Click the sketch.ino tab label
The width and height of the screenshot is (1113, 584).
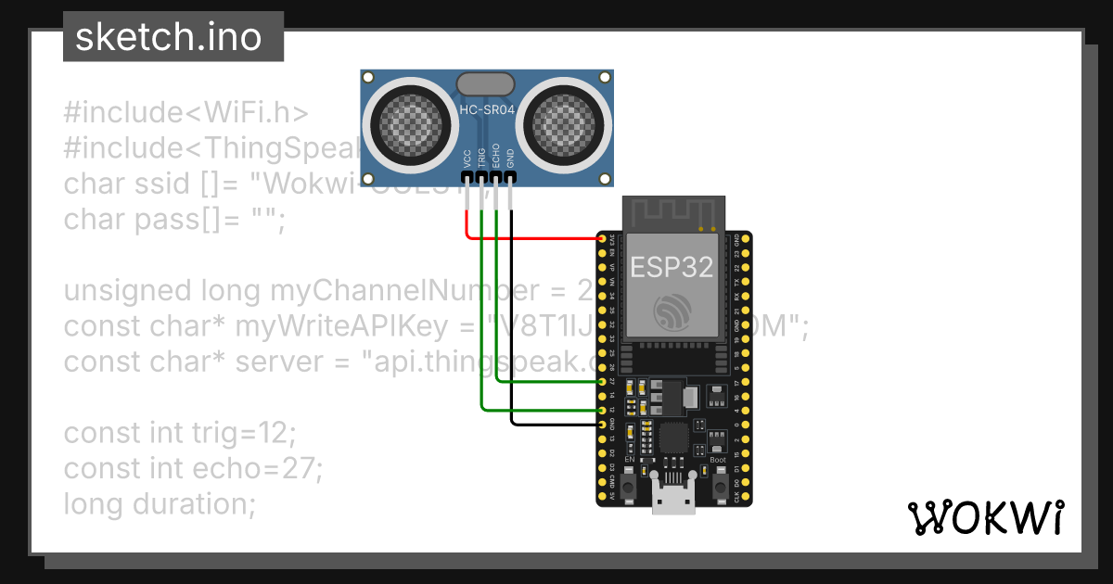click(x=168, y=37)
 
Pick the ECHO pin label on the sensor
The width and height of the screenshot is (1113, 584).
click(x=496, y=155)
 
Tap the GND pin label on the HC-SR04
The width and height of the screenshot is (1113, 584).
click(x=510, y=157)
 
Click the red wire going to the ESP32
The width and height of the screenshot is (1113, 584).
click(x=538, y=238)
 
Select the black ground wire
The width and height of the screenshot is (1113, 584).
click(x=512, y=324)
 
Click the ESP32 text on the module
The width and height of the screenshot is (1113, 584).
click(x=672, y=267)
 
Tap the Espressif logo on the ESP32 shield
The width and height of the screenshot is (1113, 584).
click(x=672, y=311)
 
